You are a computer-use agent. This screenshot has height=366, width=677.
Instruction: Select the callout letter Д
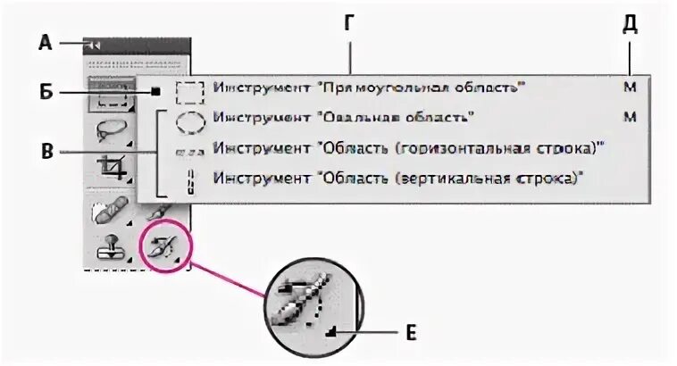tap(630, 25)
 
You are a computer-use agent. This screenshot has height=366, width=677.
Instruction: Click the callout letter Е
tap(411, 334)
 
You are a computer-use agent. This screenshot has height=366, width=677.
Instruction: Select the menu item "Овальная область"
tap(342, 117)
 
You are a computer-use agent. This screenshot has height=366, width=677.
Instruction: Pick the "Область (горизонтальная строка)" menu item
tap(405, 148)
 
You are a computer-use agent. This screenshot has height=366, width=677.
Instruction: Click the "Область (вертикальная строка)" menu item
tap(398, 179)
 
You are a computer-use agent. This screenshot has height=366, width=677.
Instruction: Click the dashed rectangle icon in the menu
tap(189, 90)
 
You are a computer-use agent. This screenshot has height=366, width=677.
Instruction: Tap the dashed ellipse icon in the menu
tap(189, 118)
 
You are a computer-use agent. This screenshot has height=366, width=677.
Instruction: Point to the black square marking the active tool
tap(155, 90)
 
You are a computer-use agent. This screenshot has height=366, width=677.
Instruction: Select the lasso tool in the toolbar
tap(111, 130)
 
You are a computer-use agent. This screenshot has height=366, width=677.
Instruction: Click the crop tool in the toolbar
tap(112, 168)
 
